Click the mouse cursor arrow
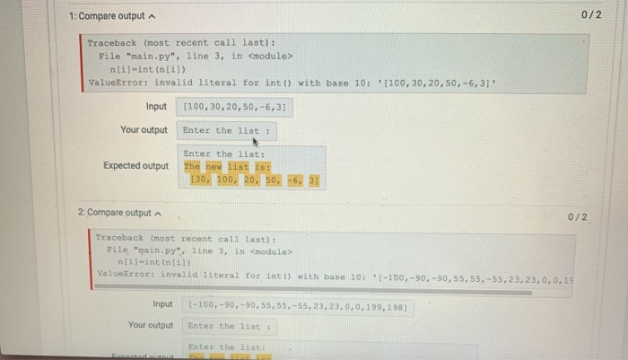(x=255, y=141)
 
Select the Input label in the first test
(x=156, y=106)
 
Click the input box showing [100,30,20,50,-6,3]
(x=235, y=107)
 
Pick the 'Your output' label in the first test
(x=144, y=130)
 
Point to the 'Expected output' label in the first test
(x=135, y=166)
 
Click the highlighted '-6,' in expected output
(x=295, y=180)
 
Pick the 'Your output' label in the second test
(x=150, y=325)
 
